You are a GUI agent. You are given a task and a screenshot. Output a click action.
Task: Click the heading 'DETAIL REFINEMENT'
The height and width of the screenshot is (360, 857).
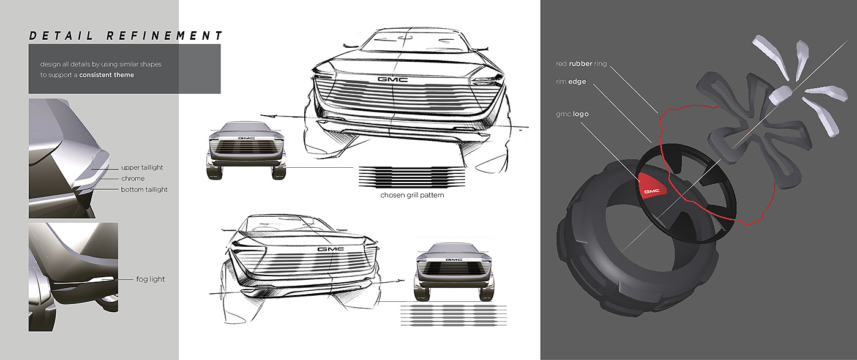click(126, 36)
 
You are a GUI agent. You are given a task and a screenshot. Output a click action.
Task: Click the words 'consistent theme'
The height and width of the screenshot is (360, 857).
click(107, 75)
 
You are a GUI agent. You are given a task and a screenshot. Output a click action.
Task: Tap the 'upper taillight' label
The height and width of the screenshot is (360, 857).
click(142, 167)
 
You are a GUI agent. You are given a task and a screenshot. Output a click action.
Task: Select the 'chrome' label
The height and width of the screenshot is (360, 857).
click(133, 178)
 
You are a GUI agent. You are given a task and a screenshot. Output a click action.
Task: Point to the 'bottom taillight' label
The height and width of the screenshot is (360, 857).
click(144, 189)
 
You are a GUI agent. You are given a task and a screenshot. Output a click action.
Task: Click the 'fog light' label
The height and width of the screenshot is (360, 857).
click(151, 279)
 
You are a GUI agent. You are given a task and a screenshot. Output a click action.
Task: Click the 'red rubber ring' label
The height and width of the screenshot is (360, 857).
click(581, 64)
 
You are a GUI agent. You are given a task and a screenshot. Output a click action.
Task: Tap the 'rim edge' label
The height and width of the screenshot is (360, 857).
click(567, 81)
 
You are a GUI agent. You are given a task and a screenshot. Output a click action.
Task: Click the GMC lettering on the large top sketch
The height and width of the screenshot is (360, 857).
click(389, 80)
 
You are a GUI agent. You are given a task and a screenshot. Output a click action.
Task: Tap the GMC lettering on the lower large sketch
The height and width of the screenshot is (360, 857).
click(330, 249)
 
